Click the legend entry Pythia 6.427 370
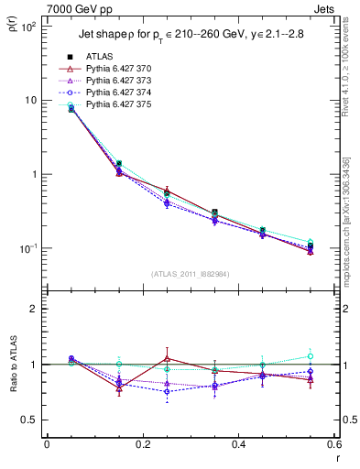pyautogui.click(x=116, y=69)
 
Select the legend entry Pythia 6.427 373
pyautogui.click(x=116, y=81)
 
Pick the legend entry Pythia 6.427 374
pyautogui.click(x=116, y=93)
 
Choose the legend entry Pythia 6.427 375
pyautogui.click(x=116, y=104)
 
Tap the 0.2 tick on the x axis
pyautogui.click(x=142, y=444)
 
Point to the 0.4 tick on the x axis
pyautogui.click(x=238, y=444)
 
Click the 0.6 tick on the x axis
pyautogui.click(x=333, y=444)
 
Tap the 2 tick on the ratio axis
pyautogui.click(x=33, y=309)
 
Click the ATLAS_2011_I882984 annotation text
pyautogui.click(x=190, y=274)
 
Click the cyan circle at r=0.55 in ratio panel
pyautogui.click(x=311, y=356)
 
